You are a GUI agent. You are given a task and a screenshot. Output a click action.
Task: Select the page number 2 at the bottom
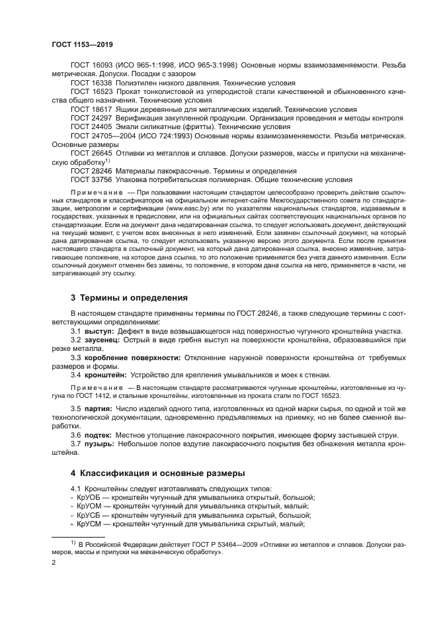coord(54,562)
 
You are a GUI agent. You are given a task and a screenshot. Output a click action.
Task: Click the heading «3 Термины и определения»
coord(130,298)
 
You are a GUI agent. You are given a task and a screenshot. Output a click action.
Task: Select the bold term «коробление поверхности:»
coord(133,357)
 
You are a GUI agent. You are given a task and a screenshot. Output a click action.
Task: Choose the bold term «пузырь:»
coord(99,444)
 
